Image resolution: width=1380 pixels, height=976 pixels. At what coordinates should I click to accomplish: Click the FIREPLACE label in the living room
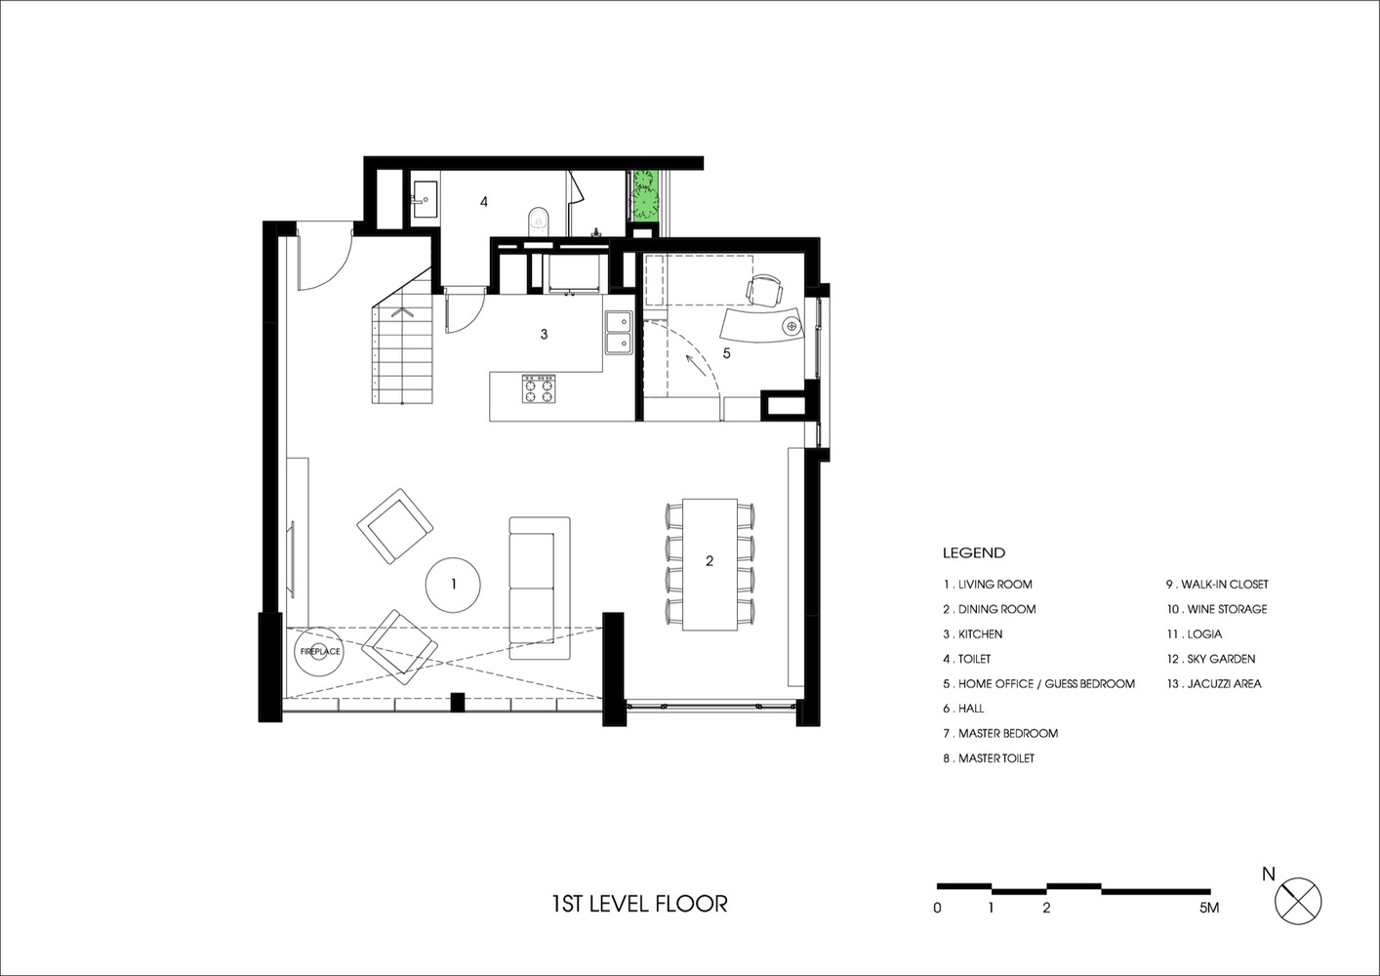320,651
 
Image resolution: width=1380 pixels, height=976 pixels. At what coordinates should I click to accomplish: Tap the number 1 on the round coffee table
454,584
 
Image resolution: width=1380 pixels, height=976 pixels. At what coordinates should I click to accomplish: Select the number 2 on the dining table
710,560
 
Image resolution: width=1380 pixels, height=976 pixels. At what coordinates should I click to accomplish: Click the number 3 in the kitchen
544,334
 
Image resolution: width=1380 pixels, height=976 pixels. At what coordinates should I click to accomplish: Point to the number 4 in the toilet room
484,201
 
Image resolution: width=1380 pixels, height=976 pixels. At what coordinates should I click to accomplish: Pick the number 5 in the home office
726,353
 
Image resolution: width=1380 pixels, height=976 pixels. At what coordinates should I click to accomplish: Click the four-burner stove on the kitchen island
539,388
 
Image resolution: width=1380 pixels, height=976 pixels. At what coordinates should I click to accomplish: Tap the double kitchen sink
619,333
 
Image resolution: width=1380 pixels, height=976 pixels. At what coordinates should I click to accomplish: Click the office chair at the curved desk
764,290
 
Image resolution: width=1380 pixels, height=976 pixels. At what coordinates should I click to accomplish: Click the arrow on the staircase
402,311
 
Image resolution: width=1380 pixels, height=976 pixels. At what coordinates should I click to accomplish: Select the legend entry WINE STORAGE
1217,609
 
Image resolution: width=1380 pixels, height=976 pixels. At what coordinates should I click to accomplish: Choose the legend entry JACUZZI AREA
1214,683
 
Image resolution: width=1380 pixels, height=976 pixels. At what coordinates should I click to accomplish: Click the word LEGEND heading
974,552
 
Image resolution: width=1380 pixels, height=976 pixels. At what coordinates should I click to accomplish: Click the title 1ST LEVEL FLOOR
639,904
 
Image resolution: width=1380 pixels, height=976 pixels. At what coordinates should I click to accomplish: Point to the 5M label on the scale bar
1209,908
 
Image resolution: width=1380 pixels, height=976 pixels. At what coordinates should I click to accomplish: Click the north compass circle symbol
1298,901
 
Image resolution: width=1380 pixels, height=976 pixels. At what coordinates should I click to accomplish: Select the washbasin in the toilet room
425,200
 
